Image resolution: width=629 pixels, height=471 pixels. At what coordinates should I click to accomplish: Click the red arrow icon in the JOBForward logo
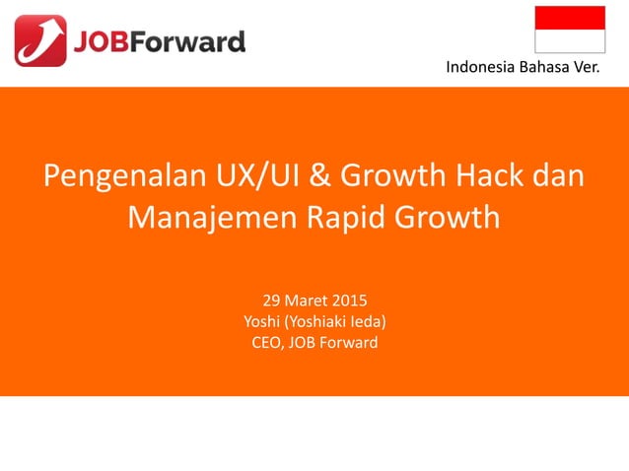pos(40,40)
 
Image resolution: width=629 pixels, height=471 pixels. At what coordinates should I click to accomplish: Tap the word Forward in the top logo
pos(189,41)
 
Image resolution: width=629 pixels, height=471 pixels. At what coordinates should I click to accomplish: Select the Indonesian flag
pos(570,29)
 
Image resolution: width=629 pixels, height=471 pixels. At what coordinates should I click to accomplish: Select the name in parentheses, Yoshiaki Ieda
pos(335,321)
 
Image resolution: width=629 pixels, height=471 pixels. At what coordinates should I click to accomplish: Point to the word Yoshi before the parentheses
pos(261,321)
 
